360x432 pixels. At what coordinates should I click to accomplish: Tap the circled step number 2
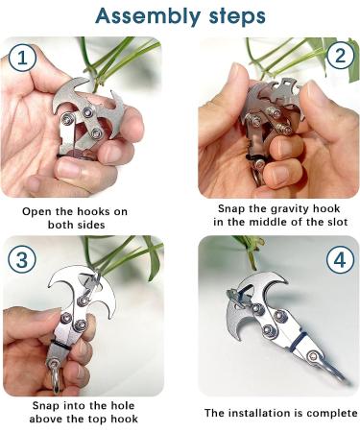point(336,58)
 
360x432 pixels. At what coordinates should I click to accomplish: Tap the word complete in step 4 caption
point(332,413)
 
